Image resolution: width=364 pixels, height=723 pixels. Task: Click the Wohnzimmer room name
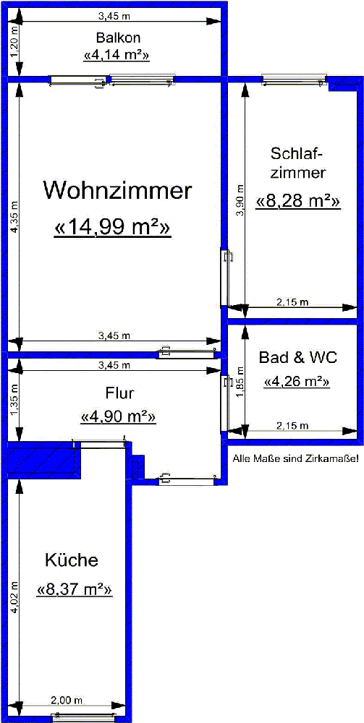pyautogui.click(x=117, y=190)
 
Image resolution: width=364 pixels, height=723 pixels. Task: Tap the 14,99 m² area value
pyautogui.click(x=113, y=227)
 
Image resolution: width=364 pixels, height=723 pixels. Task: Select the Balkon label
pyautogui.click(x=118, y=37)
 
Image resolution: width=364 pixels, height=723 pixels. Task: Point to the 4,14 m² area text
pyautogui.click(x=117, y=56)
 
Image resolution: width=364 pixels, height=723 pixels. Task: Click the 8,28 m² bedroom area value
pyautogui.click(x=298, y=202)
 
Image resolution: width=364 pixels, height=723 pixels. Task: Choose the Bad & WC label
pyautogui.click(x=298, y=357)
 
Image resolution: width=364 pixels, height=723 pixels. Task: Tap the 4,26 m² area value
pyautogui.click(x=297, y=382)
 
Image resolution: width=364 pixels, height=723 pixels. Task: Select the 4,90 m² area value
pyautogui.click(x=118, y=417)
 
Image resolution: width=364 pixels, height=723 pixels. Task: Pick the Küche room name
pyautogui.click(x=72, y=561)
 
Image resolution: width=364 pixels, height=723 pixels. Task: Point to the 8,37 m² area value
pyautogui.click(x=75, y=590)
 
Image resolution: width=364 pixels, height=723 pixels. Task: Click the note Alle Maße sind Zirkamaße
pyautogui.click(x=296, y=459)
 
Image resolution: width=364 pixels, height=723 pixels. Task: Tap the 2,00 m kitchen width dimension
pyautogui.click(x=67, y=700)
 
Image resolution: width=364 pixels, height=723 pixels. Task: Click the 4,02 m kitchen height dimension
pyautogui.click(x=14, y=596)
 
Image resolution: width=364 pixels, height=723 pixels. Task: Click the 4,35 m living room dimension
pyautogui.click(x=14, y=217)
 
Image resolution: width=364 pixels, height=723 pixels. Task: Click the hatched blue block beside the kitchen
pyautogui.click(x=44, y=459)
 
